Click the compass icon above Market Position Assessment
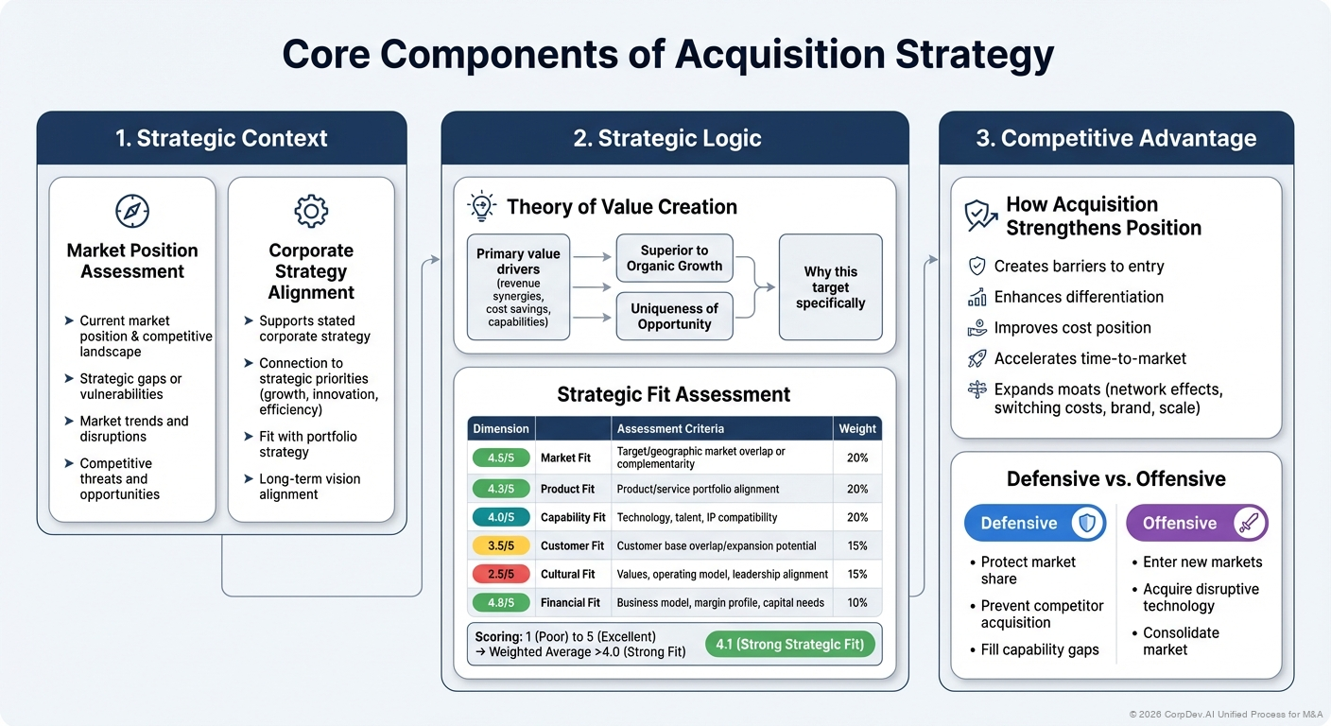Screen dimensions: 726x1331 pyautogui.click(x=132, y=210)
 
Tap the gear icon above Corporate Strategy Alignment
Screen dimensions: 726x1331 pyautogui.click(x=311, y=210)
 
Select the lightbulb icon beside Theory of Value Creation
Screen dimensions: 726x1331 pyautogui.click(x=482, y=206)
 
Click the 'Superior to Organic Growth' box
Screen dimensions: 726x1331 pyautogui.click(x=674, y=258)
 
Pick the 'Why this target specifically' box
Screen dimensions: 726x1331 pyautogui.click(x=830, y=287)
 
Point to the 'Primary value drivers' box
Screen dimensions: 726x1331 pyautogui.click(x=518, y=287)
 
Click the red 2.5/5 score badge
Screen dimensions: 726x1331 pyautogui.click(x=501, y=574)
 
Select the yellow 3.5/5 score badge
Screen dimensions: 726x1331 pyautogui.click(x=501, y=545)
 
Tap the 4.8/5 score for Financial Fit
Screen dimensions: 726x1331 pyautogui.click(x=501, y=602)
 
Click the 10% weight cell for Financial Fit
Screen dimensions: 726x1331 pyautogui.click(x=856, y=602)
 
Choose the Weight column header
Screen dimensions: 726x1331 pyautogui.click(x=856, y=428)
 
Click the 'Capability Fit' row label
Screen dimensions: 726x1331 pyautogui.click(x=573, y=517)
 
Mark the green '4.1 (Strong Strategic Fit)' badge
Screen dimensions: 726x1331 pyautogui.click(x=790, y=645)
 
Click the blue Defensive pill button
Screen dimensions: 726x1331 pyautogui.click(x=1034, y=523)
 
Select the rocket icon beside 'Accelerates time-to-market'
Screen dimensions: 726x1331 pyautogui.click(x=977, y=358)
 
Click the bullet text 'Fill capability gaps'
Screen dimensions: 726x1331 pyautogui.click(x=1040, y=649)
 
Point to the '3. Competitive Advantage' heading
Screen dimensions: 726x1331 pyautogui.click(x=1115, y=138)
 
